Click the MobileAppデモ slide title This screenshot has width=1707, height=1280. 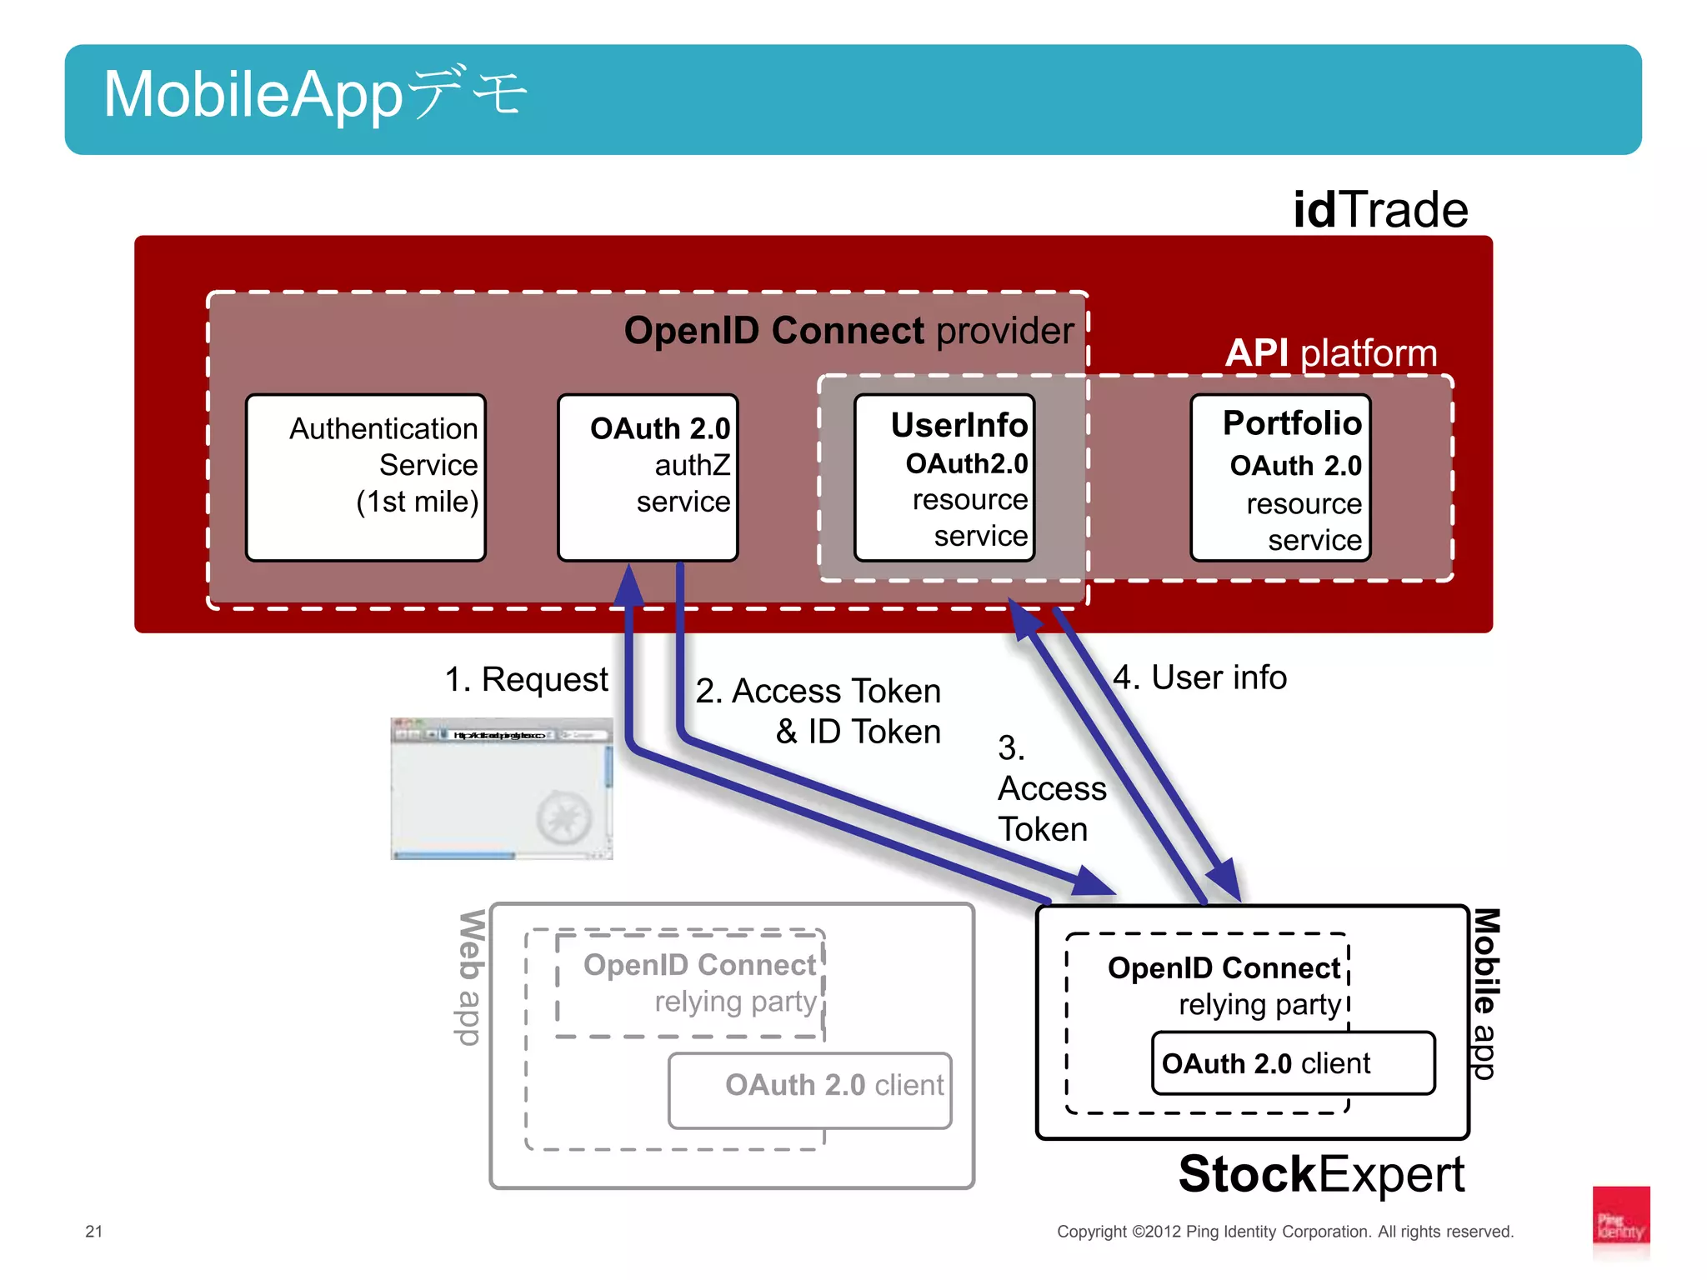point(315,94)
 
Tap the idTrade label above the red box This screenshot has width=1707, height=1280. point(1379,210)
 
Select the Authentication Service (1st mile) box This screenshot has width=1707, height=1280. point(366,477)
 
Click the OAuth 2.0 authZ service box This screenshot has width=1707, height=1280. point(648,477)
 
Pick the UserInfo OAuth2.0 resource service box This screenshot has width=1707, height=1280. point(944,477)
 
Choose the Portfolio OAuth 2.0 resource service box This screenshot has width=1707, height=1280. point(1280,477)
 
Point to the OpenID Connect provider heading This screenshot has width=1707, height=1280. point(848,331)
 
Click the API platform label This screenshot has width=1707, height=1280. point(1331,353)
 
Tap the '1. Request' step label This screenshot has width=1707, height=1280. point(526,679)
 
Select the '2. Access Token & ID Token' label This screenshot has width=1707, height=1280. point(819,711)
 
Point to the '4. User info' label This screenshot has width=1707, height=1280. point(1200,677)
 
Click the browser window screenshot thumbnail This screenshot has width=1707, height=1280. point(502,788)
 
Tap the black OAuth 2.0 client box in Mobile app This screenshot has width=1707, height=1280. point(1293,1063)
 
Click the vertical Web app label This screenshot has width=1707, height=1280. point(472,977)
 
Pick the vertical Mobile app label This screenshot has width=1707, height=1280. point(1486,993)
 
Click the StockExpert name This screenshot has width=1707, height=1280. point(1321,1174)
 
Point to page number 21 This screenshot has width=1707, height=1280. point(94,1231)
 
